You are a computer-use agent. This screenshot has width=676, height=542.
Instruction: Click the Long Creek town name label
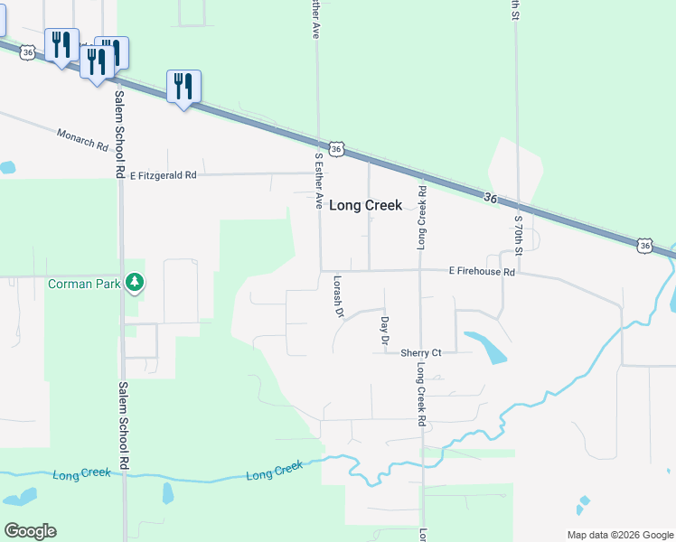pos(365,206)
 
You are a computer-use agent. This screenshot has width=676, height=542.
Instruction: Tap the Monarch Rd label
pos(82,139)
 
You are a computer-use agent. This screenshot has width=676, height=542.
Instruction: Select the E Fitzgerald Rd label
pos(163,176)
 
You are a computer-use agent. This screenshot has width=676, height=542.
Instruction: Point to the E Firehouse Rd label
pos(482,272)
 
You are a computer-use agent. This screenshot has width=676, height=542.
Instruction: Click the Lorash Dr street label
pos(340,296)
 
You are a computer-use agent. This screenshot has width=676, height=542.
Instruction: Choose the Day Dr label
pos(384,331)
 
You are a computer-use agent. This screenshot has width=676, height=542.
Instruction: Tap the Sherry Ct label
pos(421,353)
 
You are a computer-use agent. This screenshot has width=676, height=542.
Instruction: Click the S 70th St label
pos(518,233)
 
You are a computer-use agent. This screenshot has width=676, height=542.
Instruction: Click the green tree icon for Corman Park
pos(135,284)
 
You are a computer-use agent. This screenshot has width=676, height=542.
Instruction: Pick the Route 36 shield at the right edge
pos(643,245)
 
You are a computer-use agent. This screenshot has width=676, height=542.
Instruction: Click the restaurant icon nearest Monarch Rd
pos(183,88)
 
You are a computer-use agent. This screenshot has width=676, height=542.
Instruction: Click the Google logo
pos(30,531)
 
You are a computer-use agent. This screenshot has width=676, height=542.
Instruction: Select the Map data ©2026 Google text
pos(619,535)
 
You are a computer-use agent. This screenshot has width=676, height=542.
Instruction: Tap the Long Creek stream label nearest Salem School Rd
pos(81,473)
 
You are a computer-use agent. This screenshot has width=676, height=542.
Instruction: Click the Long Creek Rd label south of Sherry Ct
pos(421,396)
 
